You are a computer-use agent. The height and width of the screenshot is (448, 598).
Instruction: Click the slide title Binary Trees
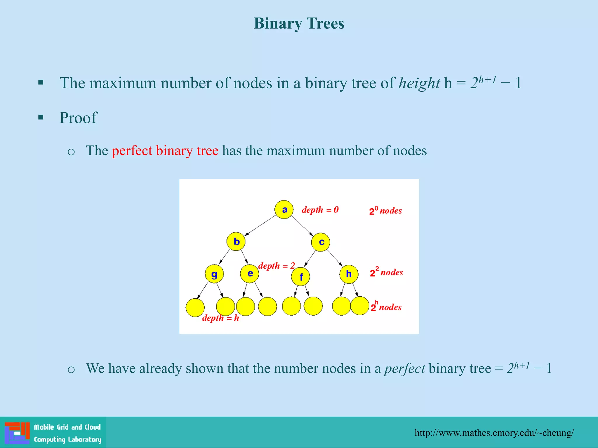tap(299, 23)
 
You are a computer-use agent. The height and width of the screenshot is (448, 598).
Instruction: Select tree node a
tap(284, 209)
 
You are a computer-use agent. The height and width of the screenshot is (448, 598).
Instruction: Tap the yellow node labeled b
tap(236, 242)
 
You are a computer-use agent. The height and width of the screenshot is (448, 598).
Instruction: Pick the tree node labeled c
tap(321, 242)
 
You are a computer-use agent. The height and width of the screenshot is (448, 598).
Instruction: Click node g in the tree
tap(214, 274)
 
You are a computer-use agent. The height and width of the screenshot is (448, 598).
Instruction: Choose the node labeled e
tap(250, 274)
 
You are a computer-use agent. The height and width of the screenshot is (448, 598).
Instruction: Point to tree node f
tap(300, 276)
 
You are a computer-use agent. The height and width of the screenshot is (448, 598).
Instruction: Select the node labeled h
tap(349, 274)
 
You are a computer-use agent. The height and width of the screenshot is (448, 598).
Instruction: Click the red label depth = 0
tap(320, 210)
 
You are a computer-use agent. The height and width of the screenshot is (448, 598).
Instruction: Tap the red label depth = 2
tap(277, 266)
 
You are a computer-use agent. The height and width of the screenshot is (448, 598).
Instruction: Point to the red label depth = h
tap(220, 318)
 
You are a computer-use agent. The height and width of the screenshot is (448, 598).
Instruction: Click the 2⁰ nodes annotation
tap(385, 211)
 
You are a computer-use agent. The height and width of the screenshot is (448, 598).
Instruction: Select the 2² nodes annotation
tap(386, 272)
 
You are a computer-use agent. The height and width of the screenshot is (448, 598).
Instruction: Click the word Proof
tap(78, 118)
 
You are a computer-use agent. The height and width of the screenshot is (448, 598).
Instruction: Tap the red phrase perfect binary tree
tap(165, 151)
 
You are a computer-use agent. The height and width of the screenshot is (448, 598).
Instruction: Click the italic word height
tap(419, 83)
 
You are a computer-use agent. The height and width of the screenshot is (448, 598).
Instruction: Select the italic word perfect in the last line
tap(404, 368)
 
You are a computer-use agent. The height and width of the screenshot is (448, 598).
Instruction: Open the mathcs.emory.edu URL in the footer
tap(494, 433)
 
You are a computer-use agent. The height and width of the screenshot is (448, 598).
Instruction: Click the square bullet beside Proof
tap(41, 118)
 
